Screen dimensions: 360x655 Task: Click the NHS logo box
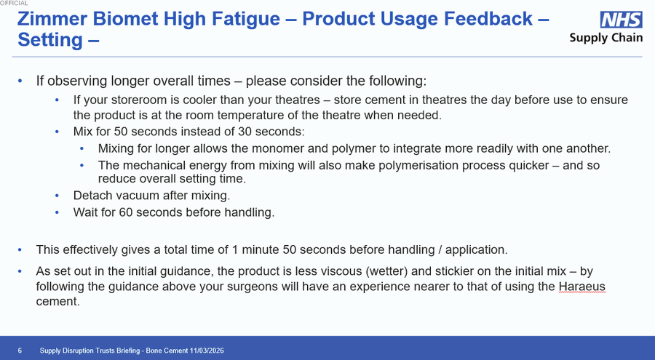tap(622, 20)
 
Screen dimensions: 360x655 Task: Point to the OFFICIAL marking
tap(14, 4)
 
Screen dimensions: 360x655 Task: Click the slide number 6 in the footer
tap(20, 351)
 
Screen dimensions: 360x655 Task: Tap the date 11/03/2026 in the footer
tap(205, 351)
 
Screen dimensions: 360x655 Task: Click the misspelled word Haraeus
tap(581, 287)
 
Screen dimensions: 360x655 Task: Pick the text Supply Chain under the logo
tap(606, 38)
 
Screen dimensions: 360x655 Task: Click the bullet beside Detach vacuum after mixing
tap(57, 196)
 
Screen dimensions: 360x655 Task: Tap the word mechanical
tap(157, 165)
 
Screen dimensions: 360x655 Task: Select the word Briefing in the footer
tap(119, 351)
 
